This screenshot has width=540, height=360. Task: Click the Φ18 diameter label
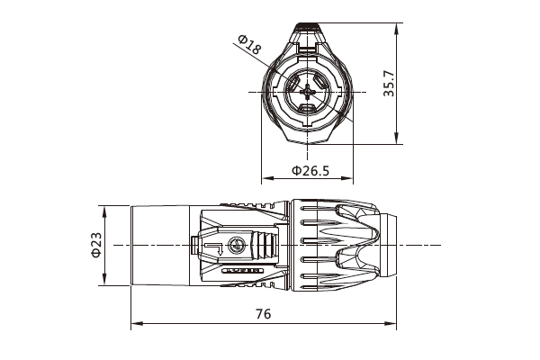pos(249,44)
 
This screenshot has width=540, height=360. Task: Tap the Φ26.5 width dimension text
pos(310,170)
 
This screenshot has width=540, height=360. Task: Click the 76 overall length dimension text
pos(264,314)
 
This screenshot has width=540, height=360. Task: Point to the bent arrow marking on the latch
pos(212,247)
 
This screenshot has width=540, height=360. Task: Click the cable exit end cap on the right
pos(390,246)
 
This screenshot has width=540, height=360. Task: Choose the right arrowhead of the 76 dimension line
pos(394,324)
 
